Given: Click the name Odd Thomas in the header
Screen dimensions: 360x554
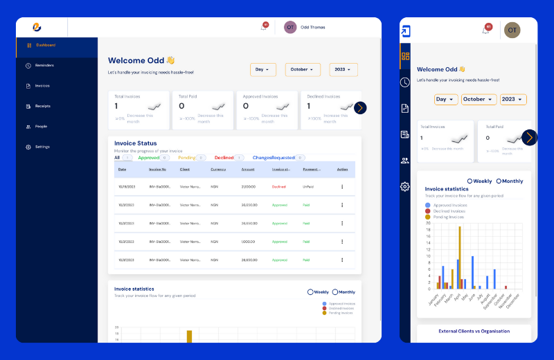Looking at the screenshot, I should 313,27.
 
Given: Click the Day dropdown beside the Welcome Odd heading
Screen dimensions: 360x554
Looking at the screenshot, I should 262,70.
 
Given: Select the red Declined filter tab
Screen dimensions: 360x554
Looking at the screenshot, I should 224,158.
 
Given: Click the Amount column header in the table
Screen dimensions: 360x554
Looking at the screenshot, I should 248,170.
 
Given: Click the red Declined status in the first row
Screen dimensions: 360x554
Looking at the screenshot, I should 278,187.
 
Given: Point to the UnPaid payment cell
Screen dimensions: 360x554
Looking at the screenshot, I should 310,187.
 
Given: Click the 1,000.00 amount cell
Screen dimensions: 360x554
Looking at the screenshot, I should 248,242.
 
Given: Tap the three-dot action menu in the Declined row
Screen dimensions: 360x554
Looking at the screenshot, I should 342,187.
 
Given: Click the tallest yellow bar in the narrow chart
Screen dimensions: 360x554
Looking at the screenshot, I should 459,257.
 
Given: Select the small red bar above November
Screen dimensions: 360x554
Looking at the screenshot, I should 506,287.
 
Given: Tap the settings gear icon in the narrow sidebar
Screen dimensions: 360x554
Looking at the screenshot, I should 405,186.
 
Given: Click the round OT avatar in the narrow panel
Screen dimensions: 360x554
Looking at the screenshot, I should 512,30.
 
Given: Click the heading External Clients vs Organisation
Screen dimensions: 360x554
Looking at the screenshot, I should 474,331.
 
